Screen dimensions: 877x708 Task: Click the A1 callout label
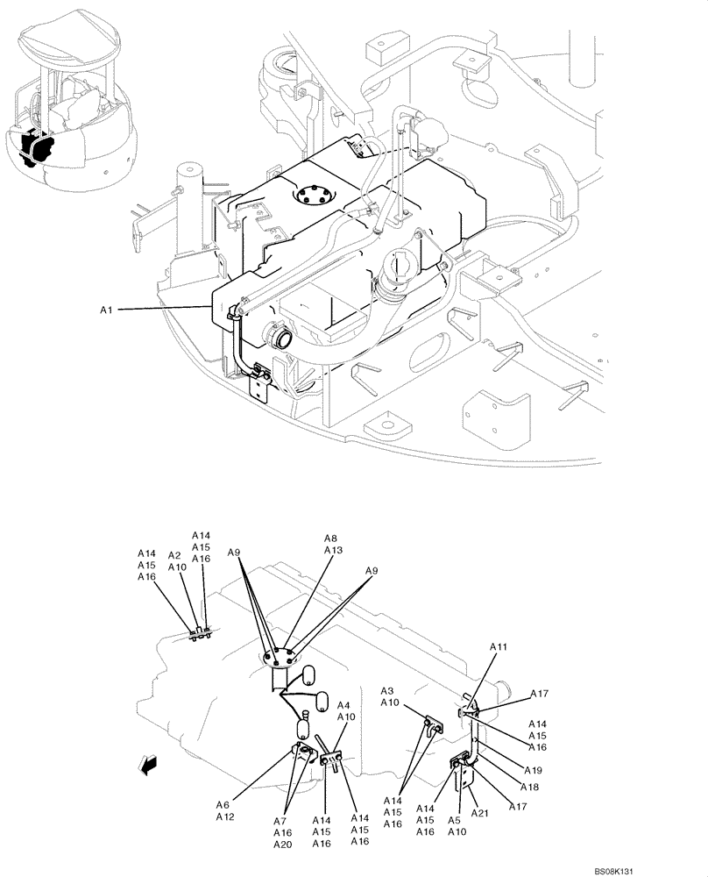[106, 310]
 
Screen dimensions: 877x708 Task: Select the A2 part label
[173, 555]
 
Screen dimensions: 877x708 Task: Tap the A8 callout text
[330, 538]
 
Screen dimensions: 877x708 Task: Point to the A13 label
[332, 550]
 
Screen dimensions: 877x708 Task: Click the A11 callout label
[498, 647]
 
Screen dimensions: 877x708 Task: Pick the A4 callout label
[345, 705]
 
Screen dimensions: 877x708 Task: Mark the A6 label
[223, 805]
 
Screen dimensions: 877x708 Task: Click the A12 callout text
[225, 816]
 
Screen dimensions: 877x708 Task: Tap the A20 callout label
[282, 845]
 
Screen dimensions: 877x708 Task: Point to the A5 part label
[454, 821]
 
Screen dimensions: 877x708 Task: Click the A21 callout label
[479, 814]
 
